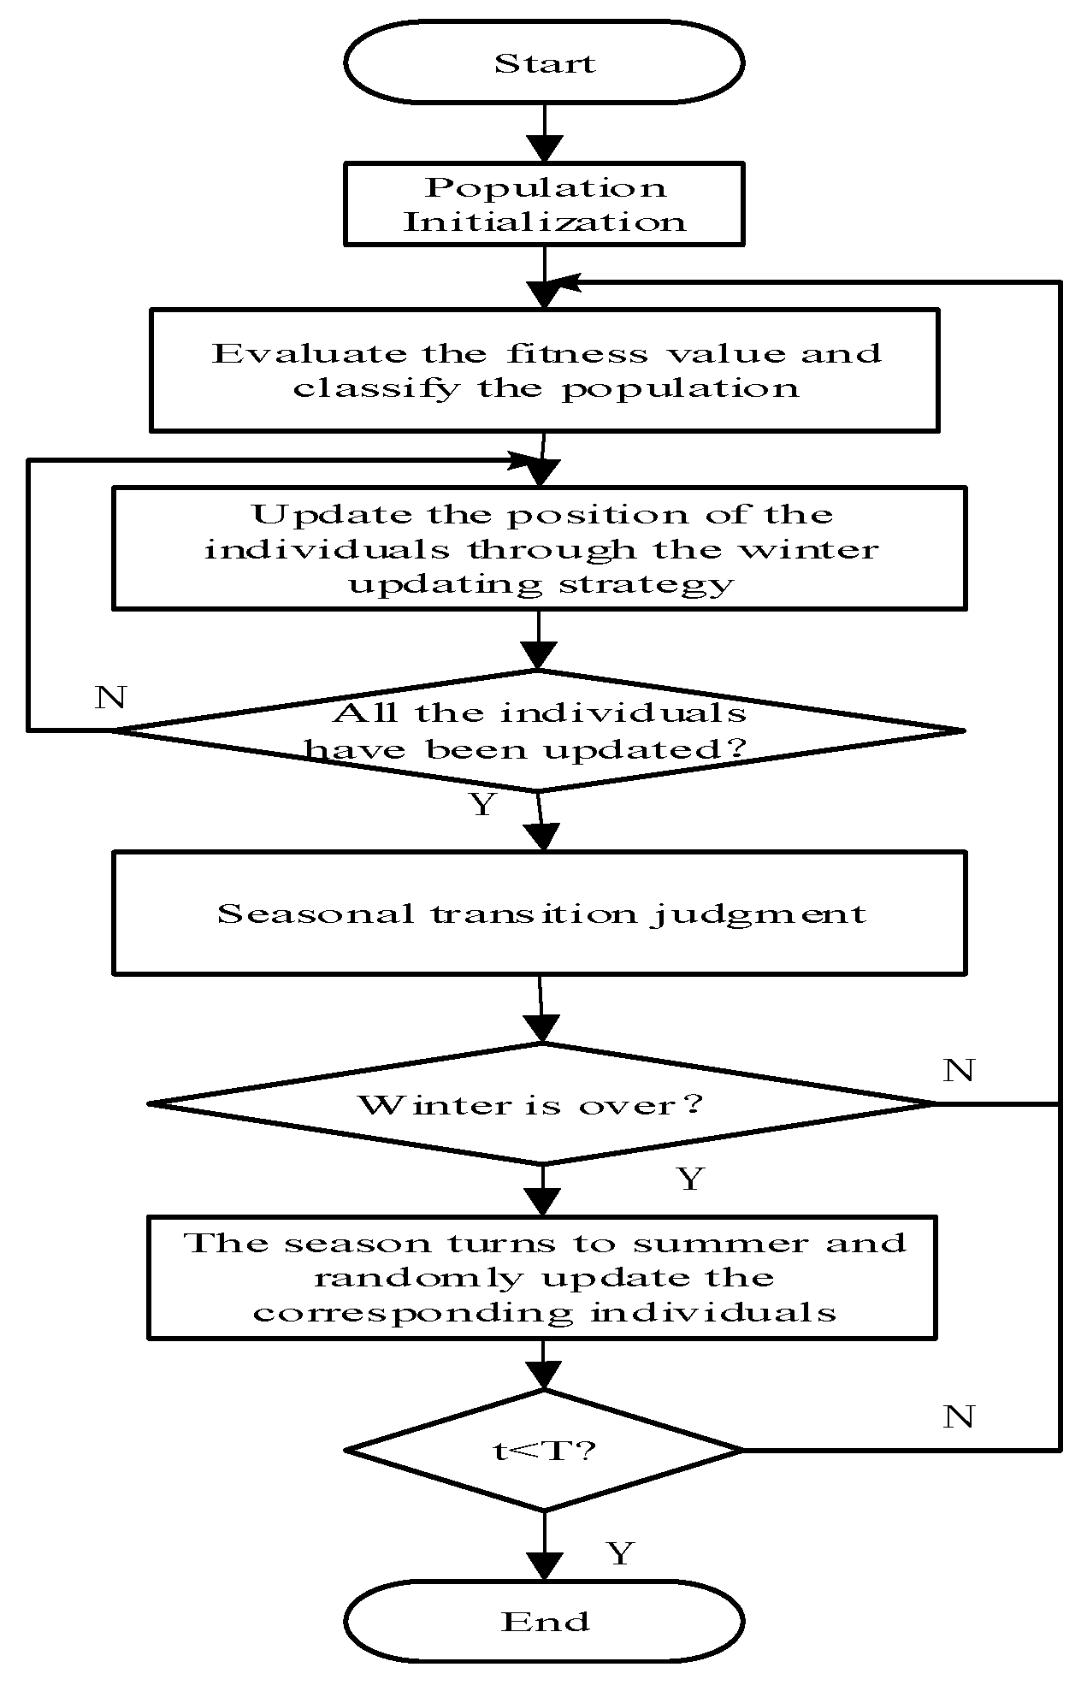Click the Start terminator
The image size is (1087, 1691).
pyautogui.click(x=544, y=62)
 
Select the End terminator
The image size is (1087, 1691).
pyautogui.click(x=544, y=1621)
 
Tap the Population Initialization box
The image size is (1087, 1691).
pyautogui.click(x=544, y=204)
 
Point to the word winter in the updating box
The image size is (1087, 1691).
pyautogui.click(x=808, y=548)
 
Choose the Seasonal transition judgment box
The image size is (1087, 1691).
pyautogui.click(x=540, y=913)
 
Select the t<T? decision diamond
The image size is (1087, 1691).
pyautogui.click(x=544, y=1449)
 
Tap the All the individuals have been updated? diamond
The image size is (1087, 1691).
pyautogui.click(x=539, y=730)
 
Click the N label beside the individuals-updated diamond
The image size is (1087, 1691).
pyautogui.click(x=110, y=697)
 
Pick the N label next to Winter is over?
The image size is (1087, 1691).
pyautogui.click(x=959, y=1069)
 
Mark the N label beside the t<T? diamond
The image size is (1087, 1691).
pyautogui.click(x=959, y=1416)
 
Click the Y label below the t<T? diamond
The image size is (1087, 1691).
pyautogui.click(x=620, y=1552)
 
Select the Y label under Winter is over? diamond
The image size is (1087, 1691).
pyautogui.click(x=690, y=1179)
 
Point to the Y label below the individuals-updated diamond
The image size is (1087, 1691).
pyautogui.click(x=483, y=804)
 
